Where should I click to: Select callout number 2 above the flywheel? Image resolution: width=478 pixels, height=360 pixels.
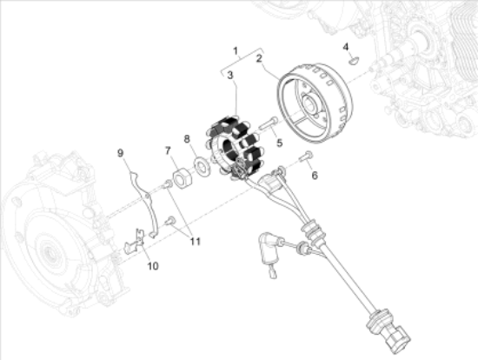click(259, 58)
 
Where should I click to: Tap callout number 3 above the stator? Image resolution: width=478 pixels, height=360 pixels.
click(230, 77)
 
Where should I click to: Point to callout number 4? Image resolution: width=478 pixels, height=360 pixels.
click(345, 45)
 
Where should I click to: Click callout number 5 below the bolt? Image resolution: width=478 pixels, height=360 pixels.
click(279, 143)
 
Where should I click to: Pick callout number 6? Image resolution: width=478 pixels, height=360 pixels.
click(315, 175)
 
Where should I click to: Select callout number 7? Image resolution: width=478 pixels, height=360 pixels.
click(168, 150)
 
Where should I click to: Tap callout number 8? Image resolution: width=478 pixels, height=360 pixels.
click(186, 139)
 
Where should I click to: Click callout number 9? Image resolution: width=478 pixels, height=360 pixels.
click(121, 154)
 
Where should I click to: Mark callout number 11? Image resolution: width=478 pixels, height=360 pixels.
click(195, 239)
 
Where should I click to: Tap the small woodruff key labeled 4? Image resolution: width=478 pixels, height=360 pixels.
click(353, 60)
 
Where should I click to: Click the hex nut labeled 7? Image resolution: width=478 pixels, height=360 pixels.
click(183, 179)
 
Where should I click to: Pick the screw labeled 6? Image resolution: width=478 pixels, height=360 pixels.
click(306, 157)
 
